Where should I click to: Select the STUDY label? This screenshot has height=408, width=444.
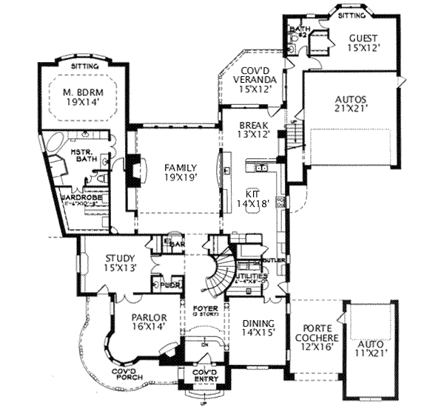[x=104, y=258]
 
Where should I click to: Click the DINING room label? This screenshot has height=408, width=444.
[x=258, y=323]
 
